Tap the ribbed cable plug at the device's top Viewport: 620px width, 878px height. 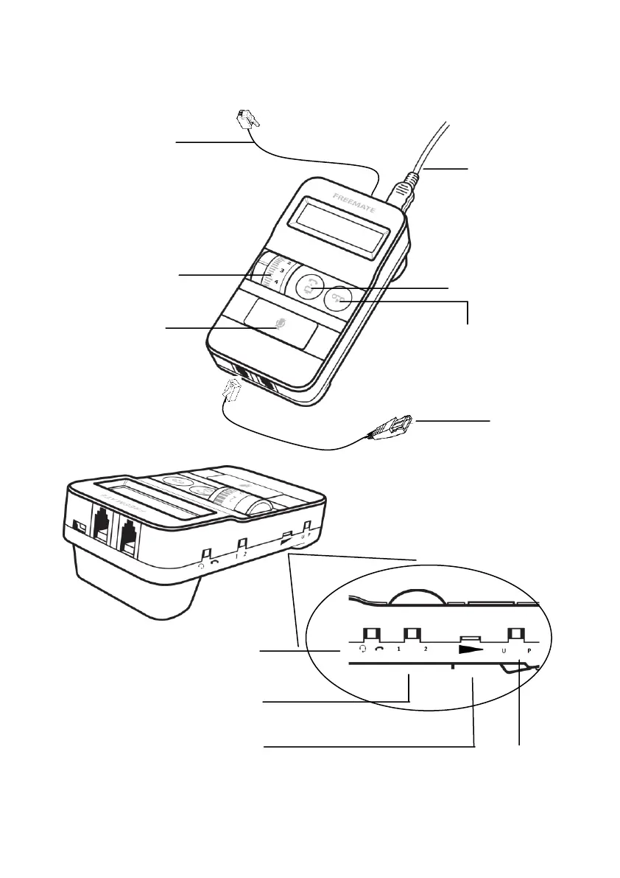pos(402,190)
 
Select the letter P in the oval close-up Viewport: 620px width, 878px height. pos(529,652)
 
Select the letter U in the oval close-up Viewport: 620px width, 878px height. pos(504,652)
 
